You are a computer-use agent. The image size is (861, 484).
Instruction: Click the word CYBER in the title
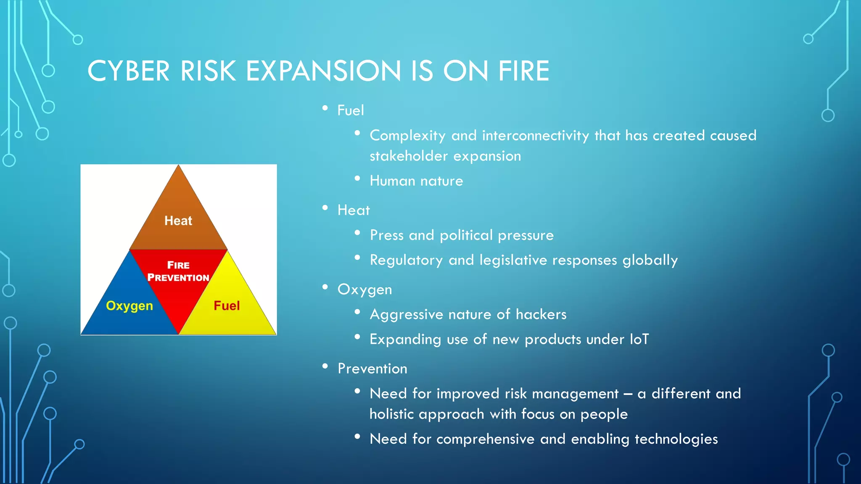(x=128, y=71)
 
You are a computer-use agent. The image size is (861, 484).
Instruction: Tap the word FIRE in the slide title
(x=523, y=71)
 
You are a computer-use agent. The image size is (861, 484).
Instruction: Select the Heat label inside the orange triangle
(x=178, y=221)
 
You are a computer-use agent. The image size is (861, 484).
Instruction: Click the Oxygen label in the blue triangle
(x=129, y=306)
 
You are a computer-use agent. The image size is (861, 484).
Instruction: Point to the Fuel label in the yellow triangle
(x=227, y=305)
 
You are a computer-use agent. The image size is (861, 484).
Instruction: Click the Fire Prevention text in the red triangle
(x=178, y=271)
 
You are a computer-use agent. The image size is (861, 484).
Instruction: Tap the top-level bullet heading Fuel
(x=351, y=110)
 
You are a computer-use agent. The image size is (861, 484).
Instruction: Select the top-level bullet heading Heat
(x=354, y=210)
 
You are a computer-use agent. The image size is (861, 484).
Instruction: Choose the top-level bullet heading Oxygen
(x=364, y=289)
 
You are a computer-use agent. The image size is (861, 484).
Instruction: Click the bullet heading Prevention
(x=372, y=368)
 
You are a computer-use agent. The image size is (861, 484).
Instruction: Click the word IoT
(x=639, y=339)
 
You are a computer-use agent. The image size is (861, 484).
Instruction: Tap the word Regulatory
(x=406, y=260)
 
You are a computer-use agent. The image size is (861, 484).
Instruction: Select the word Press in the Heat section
(x=386, y=235)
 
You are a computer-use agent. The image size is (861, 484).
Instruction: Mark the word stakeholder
(x=409, y=156)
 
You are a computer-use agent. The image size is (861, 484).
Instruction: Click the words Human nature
(x=416, y=181)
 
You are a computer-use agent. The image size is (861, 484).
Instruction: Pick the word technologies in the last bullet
(x=676, y=439)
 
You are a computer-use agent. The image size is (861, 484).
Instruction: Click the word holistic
(x=392, y=414)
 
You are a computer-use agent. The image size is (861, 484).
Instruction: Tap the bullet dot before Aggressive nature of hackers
(x=357, y=312)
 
